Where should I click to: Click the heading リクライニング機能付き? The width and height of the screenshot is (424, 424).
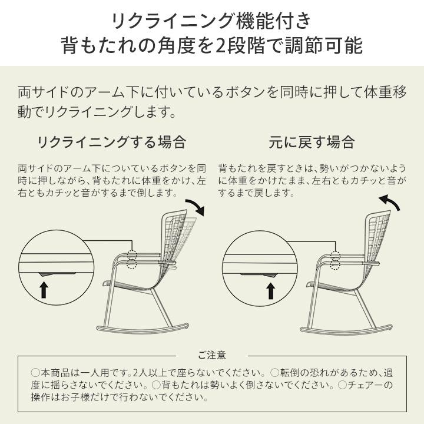click(212, 21)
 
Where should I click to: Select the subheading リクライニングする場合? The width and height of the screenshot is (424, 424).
click(112, 143)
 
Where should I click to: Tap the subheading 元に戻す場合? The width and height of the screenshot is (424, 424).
click(312, 143)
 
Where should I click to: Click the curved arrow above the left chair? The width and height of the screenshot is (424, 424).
click(196, 206)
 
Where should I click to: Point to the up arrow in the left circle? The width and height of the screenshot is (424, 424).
click(44, 289)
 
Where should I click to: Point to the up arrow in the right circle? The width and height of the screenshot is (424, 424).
click(271, 291)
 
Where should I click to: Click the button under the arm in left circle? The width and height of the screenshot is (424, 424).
click(57, 274)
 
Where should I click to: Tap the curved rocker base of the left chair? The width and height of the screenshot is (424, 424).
click(143, 329)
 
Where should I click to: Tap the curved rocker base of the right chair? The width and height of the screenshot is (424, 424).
click(346, 330)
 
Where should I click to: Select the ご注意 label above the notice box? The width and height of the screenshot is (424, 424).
click(212, 355)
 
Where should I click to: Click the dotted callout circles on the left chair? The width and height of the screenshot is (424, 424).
click(132, 260)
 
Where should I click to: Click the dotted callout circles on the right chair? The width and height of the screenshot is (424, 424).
click(335, 260)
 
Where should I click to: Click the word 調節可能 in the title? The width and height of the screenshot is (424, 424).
click(324, 45)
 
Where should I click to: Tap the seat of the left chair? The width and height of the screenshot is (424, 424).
click(129, 286)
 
